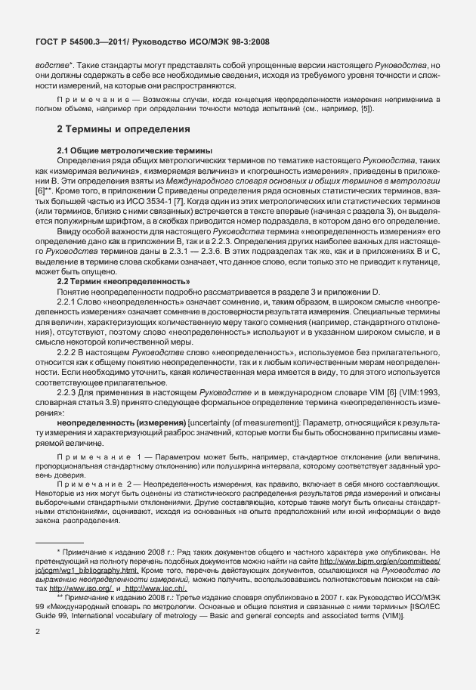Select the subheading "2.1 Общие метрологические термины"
tap(125, 151)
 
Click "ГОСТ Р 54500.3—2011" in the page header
tap(82, 41)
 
